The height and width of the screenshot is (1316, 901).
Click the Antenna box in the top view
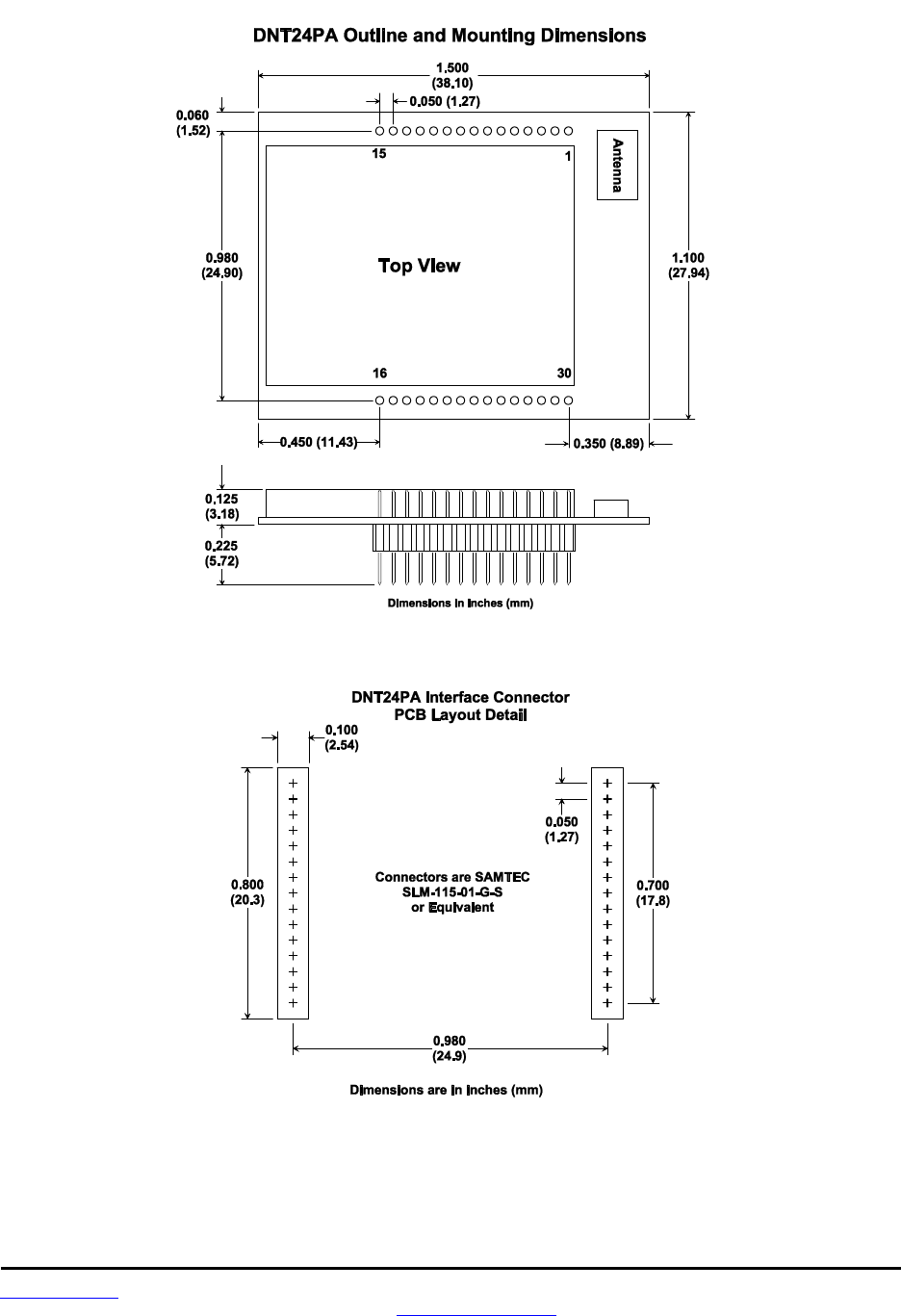point(617,164)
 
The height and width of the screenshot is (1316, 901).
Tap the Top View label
point(419,266)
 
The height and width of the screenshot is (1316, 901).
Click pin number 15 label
point(379,154)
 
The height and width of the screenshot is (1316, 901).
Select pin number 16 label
point(379,374)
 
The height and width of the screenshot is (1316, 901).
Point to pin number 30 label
point(564,374)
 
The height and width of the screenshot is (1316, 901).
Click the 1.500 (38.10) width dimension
point(452,76)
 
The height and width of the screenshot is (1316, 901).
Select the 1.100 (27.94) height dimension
point(688,265)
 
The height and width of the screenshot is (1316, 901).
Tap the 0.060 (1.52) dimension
point(193,123)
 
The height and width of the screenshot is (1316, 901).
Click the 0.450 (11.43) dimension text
point(319,443)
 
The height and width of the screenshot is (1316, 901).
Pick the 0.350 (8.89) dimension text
point(608,444)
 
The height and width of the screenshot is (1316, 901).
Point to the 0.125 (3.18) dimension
point(221,506)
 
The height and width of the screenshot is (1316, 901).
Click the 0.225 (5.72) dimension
point(221,554)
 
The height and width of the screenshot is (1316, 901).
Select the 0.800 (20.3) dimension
point(247,892)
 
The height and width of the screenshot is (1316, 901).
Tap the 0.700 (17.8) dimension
point(653,893)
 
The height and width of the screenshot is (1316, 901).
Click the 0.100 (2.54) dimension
point(342,737)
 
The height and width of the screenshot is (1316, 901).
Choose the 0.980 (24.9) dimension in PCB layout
point(450,1048)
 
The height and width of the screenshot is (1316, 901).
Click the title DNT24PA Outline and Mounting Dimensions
point(450,36)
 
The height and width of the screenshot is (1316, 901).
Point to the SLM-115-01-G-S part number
point(451,892)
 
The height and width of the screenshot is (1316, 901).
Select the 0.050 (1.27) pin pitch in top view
point(445,101)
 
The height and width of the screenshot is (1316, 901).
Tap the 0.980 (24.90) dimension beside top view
point(221,265)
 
